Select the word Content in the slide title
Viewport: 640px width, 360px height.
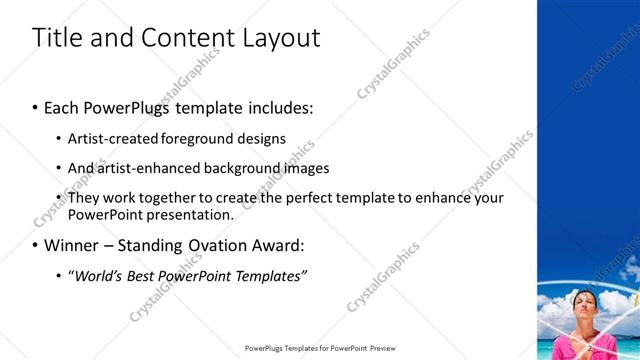click(x=189, y=38)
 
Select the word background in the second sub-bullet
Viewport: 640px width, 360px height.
click(x=244, y=168)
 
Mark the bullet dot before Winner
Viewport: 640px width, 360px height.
click(x=36, y=246)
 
